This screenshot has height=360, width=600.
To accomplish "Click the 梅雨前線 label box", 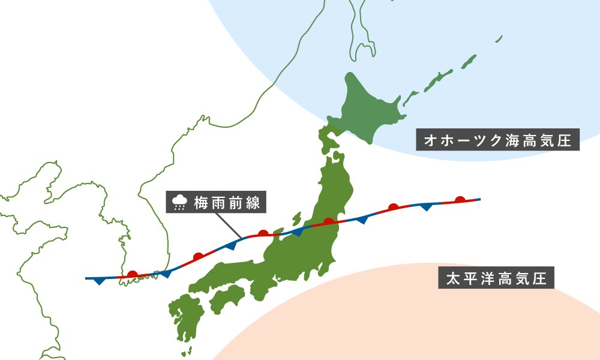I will point(216,203).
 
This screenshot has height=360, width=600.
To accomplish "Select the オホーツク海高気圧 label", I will point(498,141).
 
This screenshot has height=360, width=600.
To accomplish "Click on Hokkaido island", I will point(366,108).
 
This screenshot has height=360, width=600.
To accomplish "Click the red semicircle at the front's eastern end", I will point(460,200).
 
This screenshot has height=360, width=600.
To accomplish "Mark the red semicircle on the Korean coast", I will point(133,274).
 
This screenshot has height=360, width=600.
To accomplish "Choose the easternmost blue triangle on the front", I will point(427,206).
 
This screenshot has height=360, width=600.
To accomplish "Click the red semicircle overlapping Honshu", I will point(328,221).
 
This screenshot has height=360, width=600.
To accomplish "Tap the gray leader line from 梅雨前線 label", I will point(228,224).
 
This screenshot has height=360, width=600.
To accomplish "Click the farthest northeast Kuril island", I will point(499,38).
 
